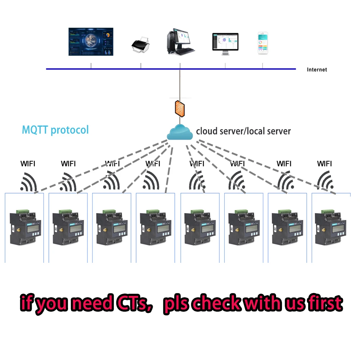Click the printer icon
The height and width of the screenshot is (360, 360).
point(140,45)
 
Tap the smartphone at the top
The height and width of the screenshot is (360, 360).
point(263,44)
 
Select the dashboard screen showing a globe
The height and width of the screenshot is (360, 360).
point(91,42)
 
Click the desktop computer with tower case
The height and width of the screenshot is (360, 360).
point(180,42)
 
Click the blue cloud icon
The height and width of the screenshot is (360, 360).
point(180,132)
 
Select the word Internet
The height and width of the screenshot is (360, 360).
point(317,70)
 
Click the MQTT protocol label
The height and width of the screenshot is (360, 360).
point(55,130)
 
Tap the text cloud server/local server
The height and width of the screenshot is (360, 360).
point(243,131)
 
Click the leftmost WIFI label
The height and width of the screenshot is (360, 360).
point(28,164)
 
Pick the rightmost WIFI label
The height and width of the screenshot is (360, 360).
point(324,164)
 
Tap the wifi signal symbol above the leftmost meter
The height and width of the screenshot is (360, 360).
point(29,182)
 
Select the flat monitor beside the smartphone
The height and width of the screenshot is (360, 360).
point(226,44)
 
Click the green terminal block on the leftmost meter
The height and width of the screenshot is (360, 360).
point(22,210)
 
